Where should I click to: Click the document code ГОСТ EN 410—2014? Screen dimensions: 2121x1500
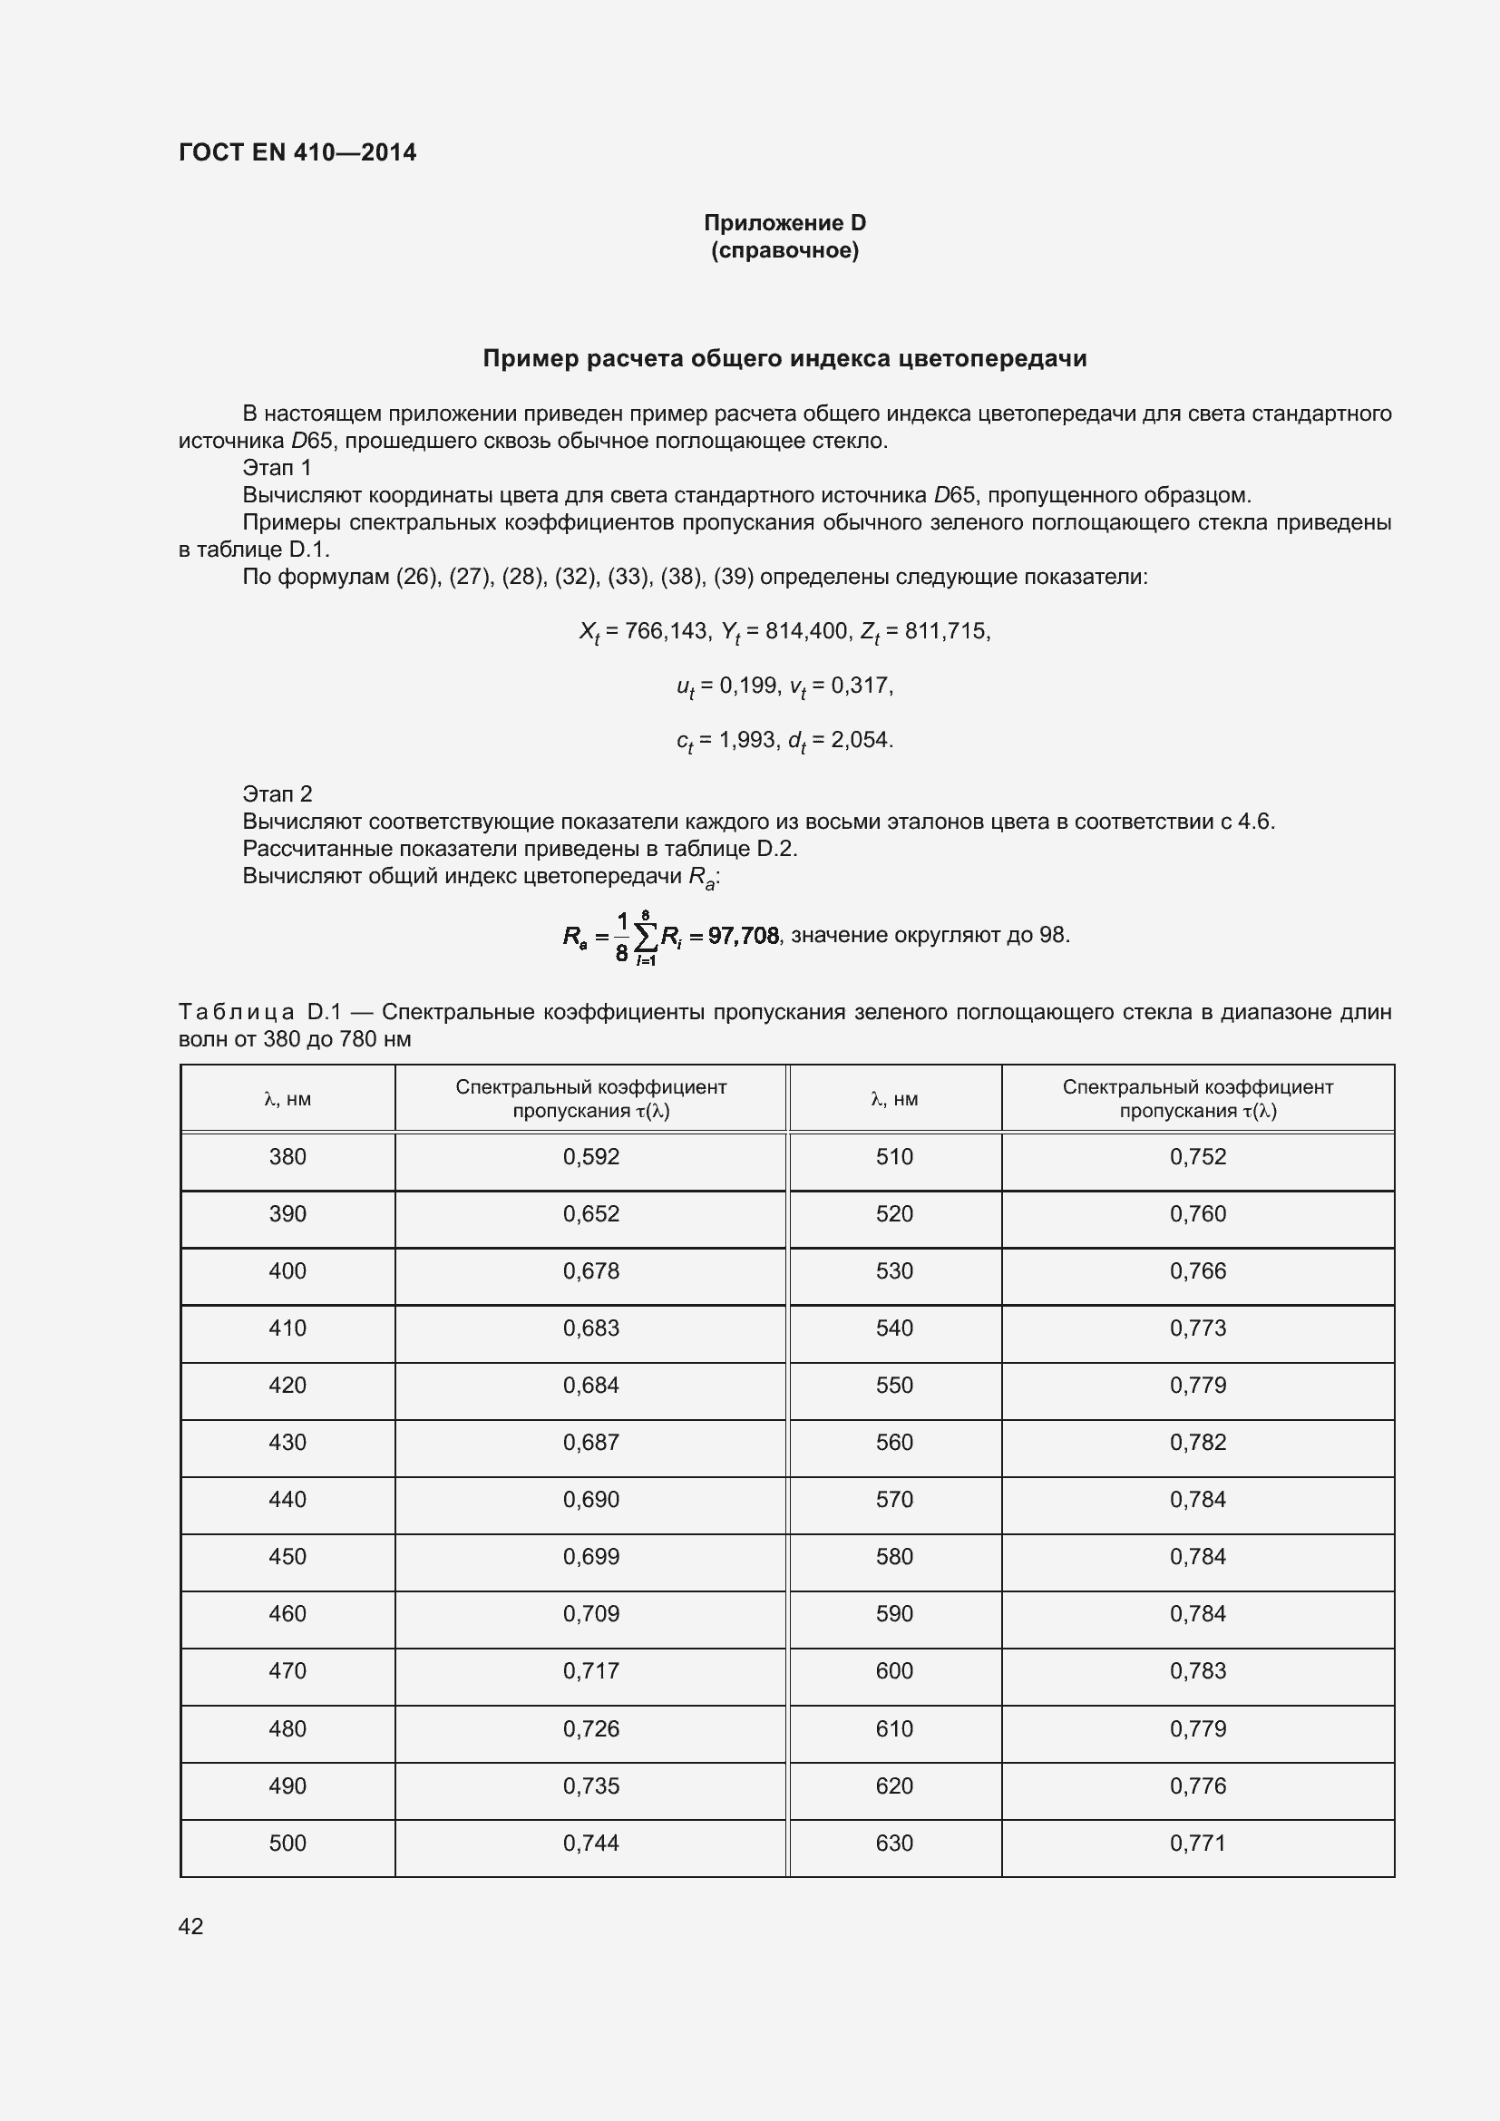(297, 152)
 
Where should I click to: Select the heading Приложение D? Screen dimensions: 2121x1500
(784, 223)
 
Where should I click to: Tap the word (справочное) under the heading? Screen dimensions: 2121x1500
(784, 250)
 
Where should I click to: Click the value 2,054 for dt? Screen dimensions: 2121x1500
(861, 740)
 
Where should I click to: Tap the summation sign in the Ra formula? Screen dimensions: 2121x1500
(646, 938)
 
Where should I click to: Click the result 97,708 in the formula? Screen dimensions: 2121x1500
(744, 936)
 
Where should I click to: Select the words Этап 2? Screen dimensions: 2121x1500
(278, 793)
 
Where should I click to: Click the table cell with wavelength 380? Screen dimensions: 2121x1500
(287, 1156)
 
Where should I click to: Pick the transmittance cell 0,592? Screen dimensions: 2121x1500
(591, 1156)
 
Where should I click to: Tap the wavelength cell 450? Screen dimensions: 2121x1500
(287, 1557)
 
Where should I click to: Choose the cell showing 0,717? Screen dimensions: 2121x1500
(591, 1670)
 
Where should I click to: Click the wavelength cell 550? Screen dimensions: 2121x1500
(894, 1385)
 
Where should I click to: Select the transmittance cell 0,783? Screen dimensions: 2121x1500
(1198, 1670)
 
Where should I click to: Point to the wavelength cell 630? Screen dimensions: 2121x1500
(894, 1843)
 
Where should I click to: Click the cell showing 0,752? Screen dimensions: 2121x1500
(1198, 1156)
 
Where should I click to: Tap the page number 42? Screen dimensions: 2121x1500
(191, 1926)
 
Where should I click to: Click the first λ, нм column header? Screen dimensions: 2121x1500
(287, 1099)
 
